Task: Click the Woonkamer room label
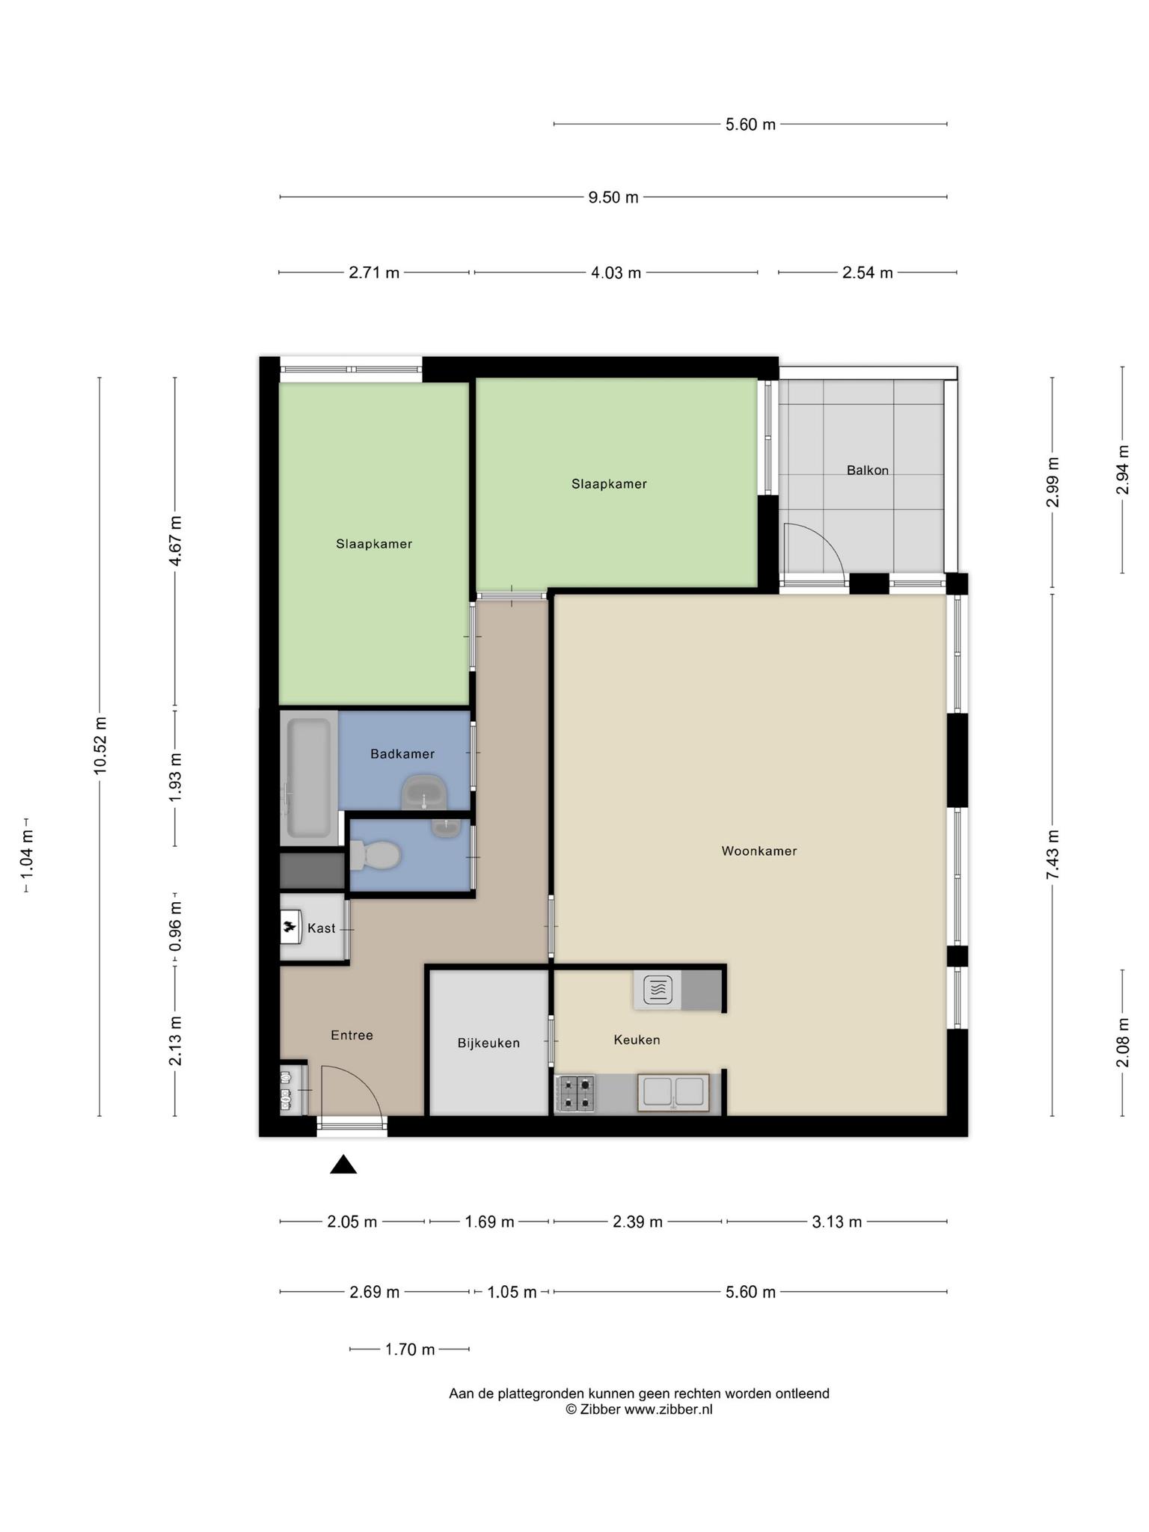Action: pos(759,851)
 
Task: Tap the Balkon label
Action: pos(868,471)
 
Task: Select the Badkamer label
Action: pos(402,754)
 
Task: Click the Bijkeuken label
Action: pos(488,1043)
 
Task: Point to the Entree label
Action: pos(352,1035)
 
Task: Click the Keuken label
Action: pos(637,1040)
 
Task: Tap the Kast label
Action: pos(322,928)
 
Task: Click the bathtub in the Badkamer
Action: pos(308,778)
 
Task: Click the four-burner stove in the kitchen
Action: pos(575,1092)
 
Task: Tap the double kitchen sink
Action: pos(673,1092)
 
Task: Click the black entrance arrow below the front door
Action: pos(343,1164)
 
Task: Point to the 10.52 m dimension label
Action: pos(100,747)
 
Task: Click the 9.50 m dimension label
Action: pos(613,197)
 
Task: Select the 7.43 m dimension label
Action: pos(1053,854)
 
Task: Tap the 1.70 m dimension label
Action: pos(410,1349)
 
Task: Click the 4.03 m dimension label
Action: pos(616,272)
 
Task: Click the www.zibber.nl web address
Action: pos(669,1409)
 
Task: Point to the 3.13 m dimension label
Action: pos(837,1222)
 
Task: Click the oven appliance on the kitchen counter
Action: pos(658,990)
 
